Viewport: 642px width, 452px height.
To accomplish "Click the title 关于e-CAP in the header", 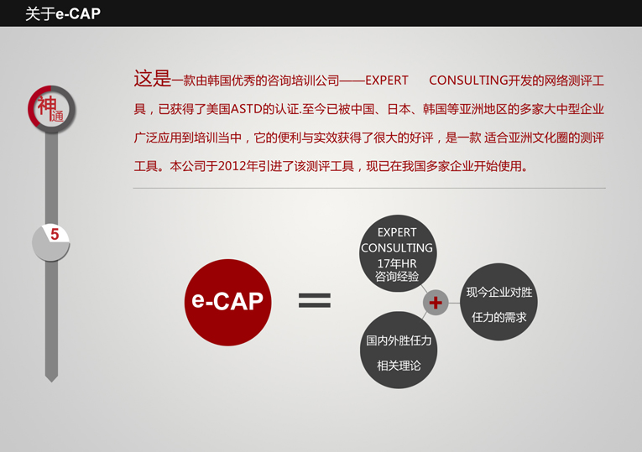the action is (63, 13).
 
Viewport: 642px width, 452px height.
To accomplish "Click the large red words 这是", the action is (152, 78).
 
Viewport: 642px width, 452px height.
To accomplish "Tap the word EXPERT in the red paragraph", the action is (387, 81).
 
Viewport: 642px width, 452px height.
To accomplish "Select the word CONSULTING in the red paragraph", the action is (468, 81).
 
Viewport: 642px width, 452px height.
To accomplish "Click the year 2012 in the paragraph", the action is (229, 166).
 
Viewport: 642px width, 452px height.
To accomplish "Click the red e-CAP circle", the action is (227, 302).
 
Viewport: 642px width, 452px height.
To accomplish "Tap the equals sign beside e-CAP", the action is (315, 300).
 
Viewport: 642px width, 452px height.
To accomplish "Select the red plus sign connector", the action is (436, 303).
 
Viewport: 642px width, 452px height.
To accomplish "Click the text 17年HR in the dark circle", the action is (397, 263).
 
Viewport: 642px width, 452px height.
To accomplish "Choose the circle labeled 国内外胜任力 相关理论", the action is (399, 351).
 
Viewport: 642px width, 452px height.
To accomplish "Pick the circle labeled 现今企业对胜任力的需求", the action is (498, 302).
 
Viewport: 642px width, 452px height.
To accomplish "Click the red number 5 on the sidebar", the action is (55, 234).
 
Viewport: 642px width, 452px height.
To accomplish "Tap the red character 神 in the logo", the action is (47, 106).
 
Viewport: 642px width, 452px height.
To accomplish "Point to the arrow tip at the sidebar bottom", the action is (51, 382).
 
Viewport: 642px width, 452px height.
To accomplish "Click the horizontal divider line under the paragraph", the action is (369, 188).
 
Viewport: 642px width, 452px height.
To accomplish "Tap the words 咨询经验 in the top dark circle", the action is (397, 277).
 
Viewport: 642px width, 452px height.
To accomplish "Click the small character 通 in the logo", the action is (57, 116).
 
